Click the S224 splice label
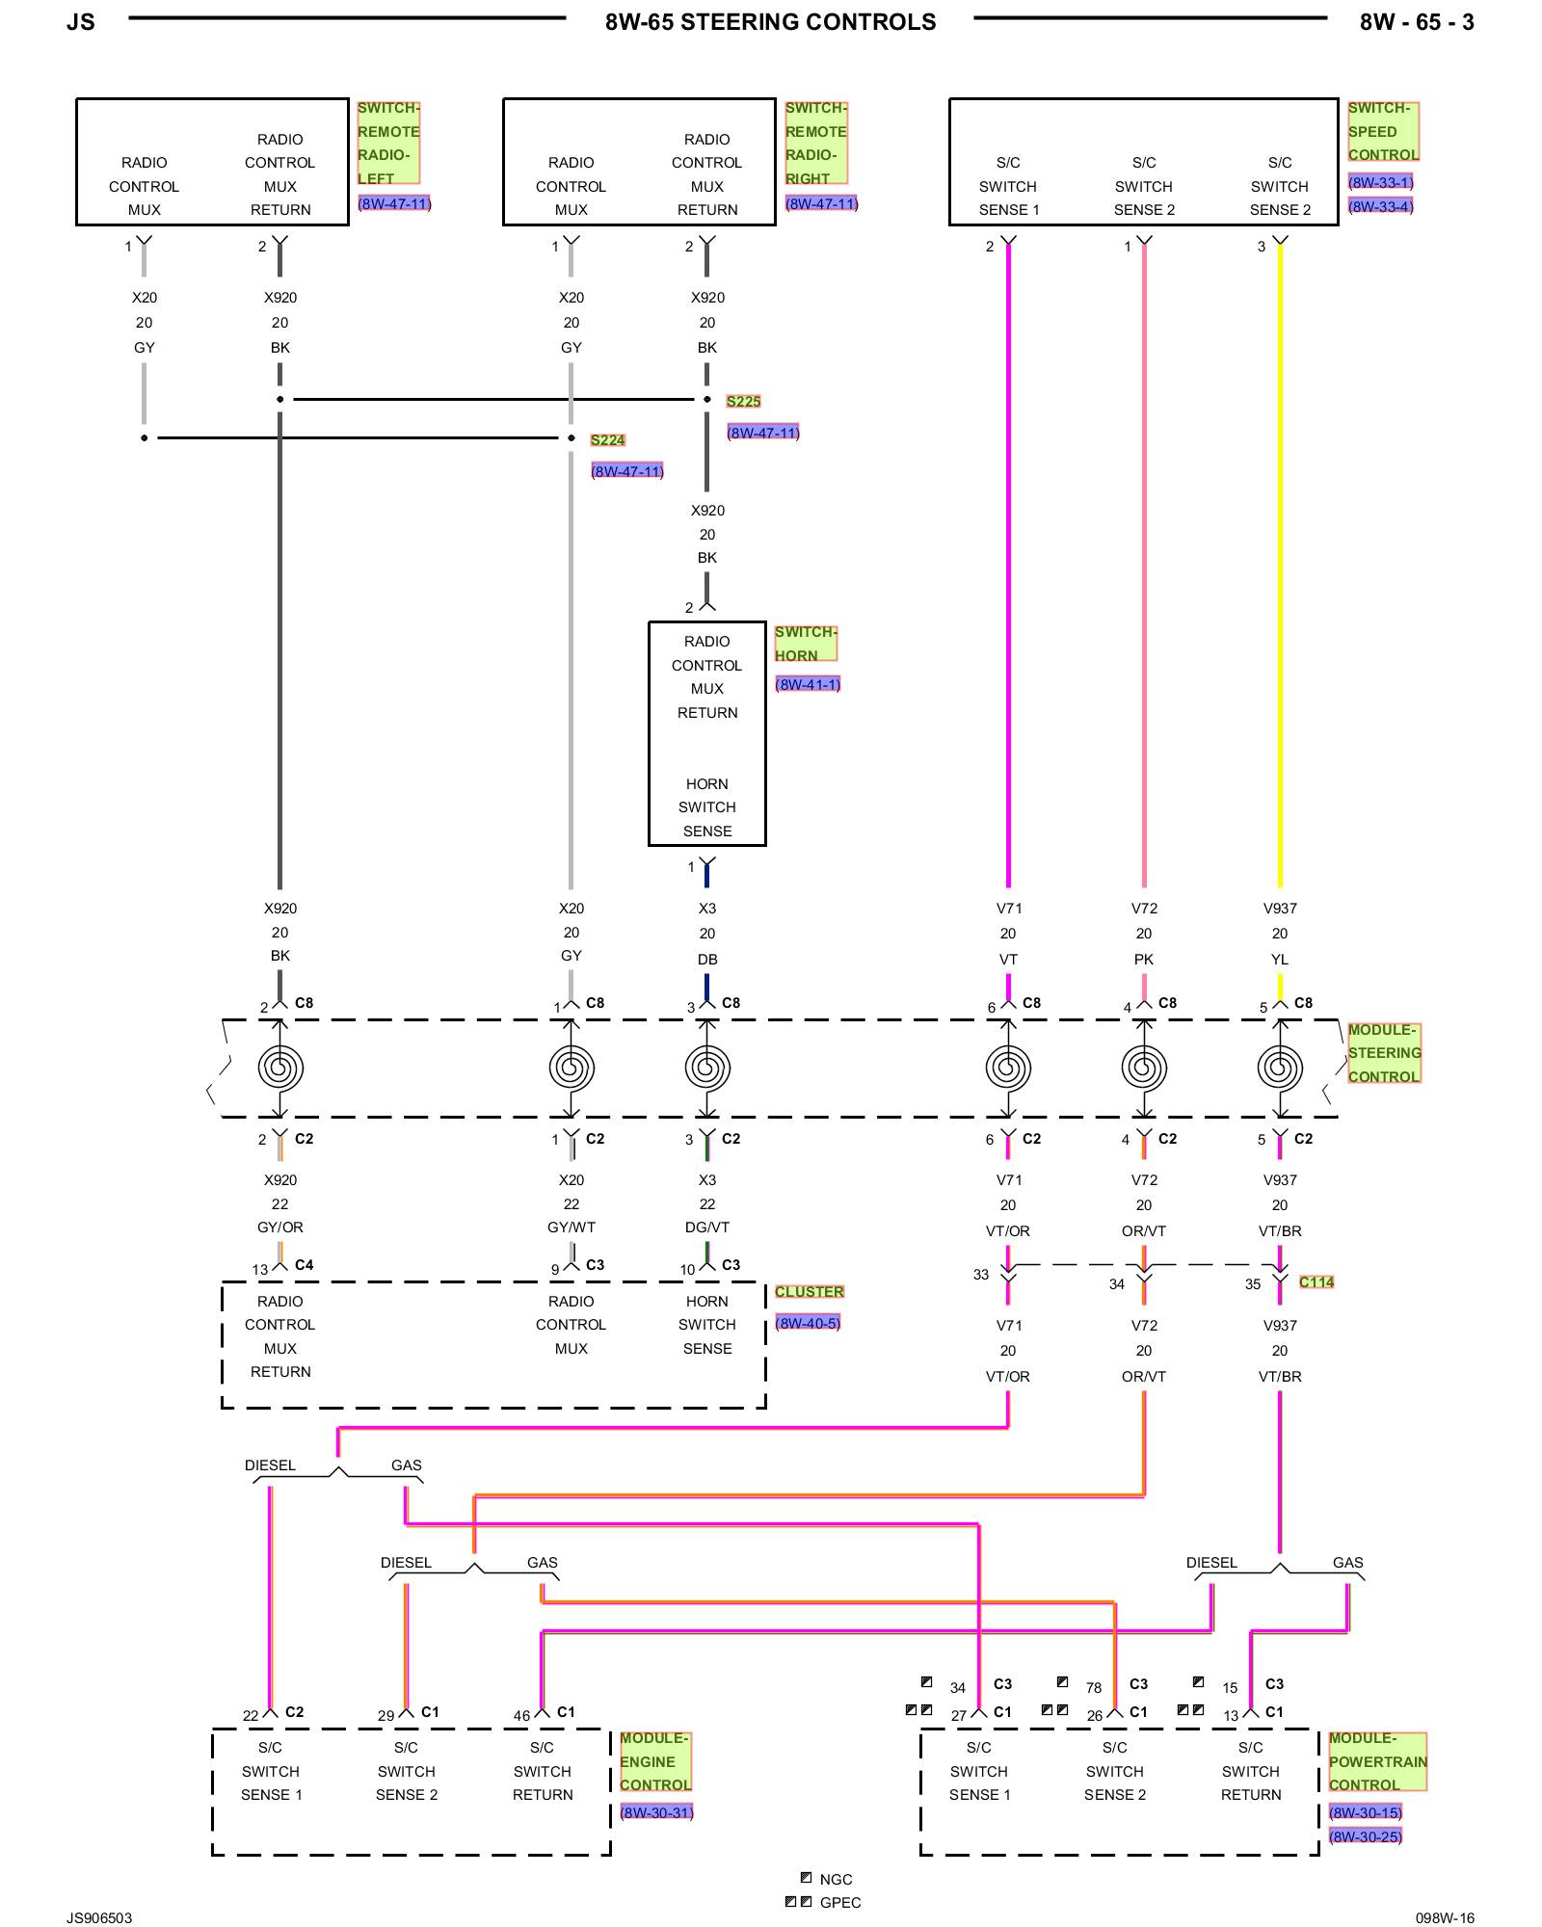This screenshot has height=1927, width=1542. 607,440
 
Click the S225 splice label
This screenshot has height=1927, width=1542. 743,402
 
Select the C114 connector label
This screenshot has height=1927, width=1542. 1316,1282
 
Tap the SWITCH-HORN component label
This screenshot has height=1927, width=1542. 805,644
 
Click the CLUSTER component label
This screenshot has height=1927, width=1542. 809,1292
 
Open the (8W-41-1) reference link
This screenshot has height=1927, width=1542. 808,684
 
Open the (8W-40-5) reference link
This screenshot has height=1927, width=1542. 808,1323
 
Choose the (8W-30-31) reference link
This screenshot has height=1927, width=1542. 656,1812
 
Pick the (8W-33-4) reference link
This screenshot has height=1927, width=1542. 1380,206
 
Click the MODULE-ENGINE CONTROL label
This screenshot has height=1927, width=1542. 655,1761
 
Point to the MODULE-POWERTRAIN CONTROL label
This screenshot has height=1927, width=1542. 1376,1761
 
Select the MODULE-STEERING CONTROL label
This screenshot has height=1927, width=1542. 1384,1053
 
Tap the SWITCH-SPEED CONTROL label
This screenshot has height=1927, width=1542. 1383,132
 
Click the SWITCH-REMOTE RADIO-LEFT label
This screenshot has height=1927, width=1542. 388,143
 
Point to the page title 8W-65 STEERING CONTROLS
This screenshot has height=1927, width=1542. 770,22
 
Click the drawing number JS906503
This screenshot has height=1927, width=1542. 99,1917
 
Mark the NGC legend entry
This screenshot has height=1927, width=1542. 835,1879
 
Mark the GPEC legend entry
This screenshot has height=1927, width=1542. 839,1902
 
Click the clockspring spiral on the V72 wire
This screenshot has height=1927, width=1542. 1144,1068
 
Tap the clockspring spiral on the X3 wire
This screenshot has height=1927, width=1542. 707,1068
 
